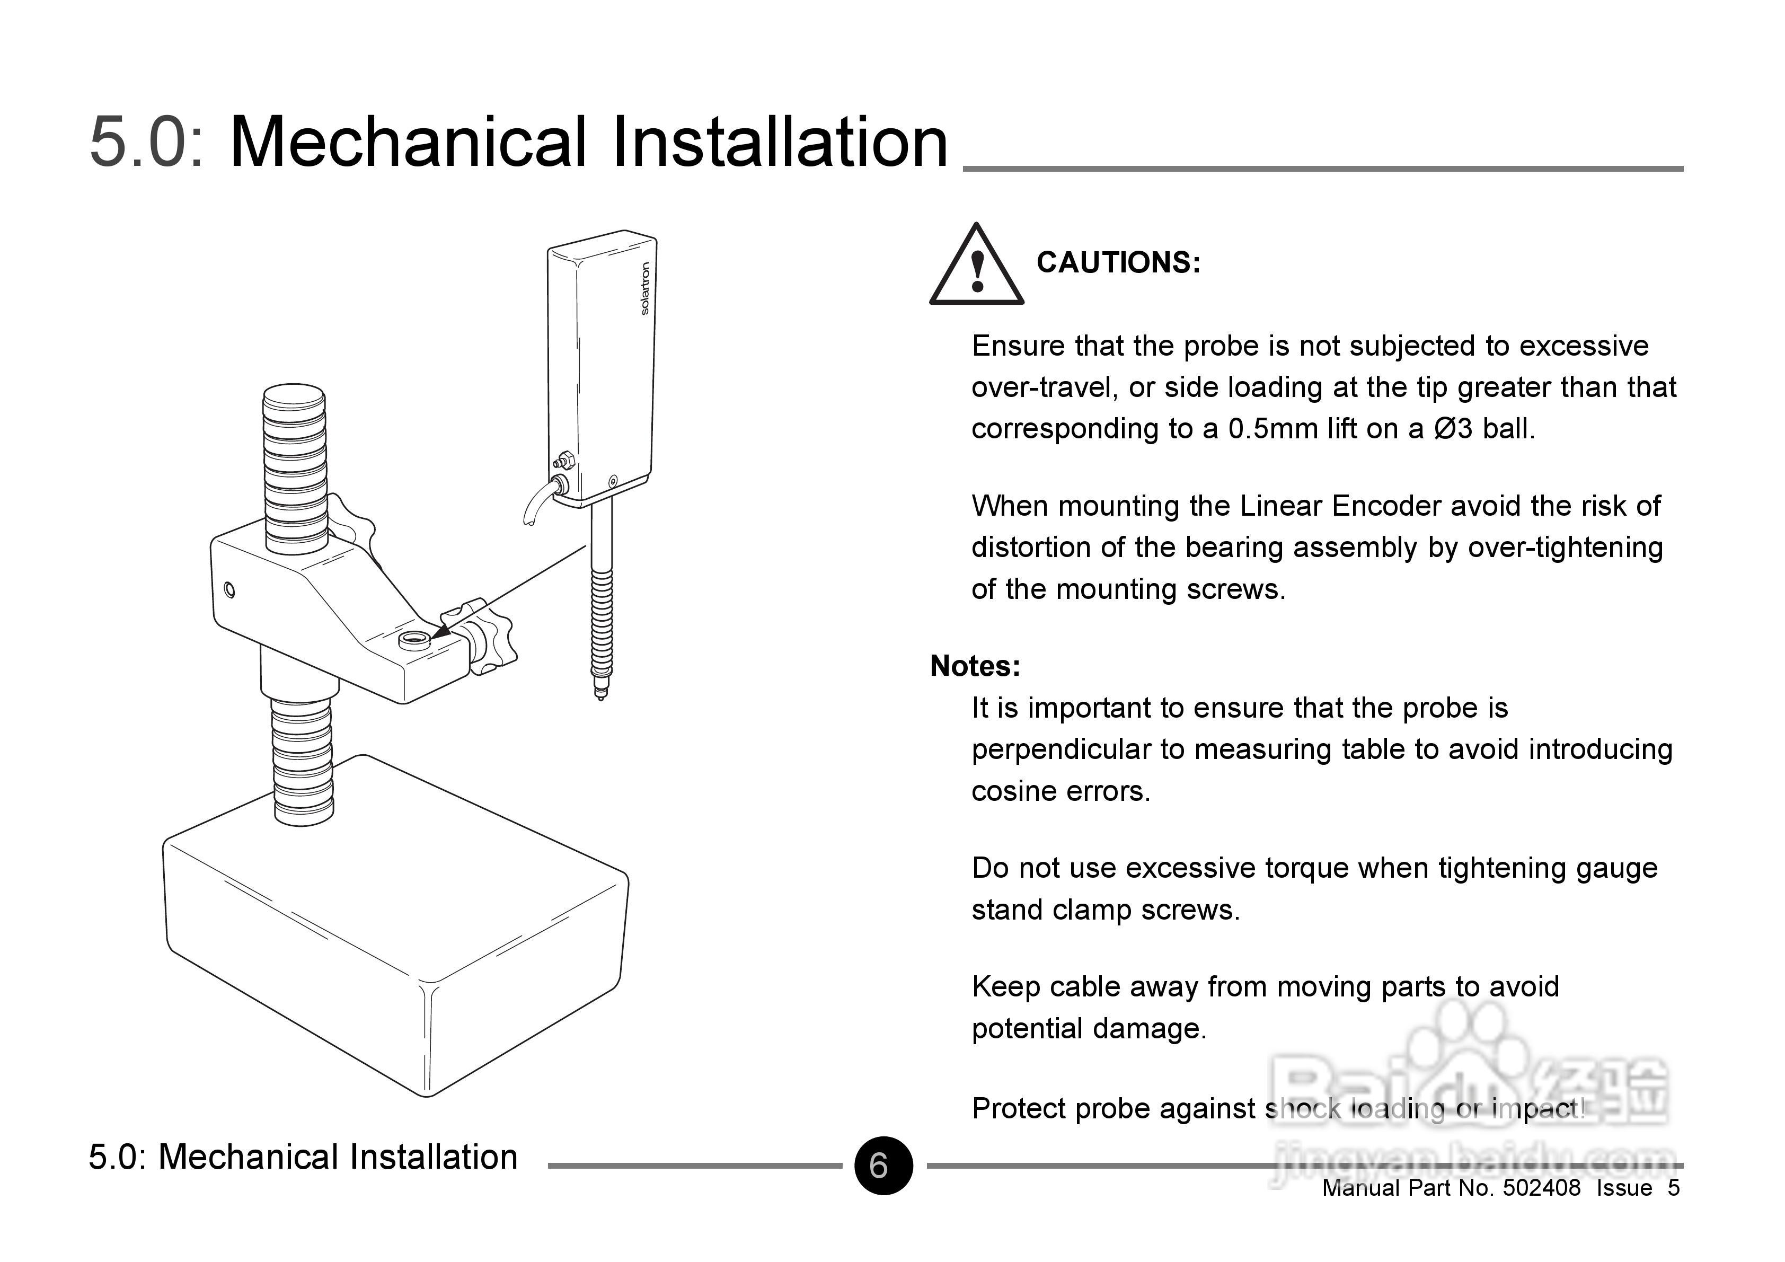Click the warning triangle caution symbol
976,267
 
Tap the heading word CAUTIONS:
1118,263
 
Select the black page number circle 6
883,1166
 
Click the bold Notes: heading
975,666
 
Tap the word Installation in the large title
780,142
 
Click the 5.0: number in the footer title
118,1158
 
